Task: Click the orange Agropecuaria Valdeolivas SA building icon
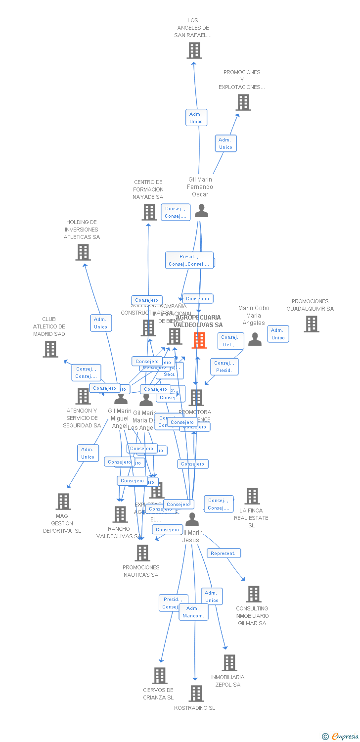(x=199, y=340)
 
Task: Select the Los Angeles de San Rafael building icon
(x=194, y=50)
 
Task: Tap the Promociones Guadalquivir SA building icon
(x=312, y=324)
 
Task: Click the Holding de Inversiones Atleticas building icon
(x=83, y=252)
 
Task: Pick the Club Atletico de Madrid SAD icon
(x=50, y=349)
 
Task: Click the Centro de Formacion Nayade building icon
(x=149, y=212)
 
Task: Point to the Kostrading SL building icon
(x=196, y=694)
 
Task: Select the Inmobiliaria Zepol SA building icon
(x=229, y=663)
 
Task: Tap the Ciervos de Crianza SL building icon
(x=160, y=676)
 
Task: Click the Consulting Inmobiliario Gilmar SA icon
(x=254, y=594)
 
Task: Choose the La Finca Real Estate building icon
(x=252, y=496)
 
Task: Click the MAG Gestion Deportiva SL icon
(x=63, y=502)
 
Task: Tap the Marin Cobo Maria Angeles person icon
(x=255, y=339)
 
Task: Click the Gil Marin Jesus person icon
(x=192, y=519)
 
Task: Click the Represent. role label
(x=224, y=553)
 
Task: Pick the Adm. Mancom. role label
(x=193, y=612)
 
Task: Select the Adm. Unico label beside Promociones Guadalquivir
(x=278, y=334)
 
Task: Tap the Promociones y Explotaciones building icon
(x=243, y=102)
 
